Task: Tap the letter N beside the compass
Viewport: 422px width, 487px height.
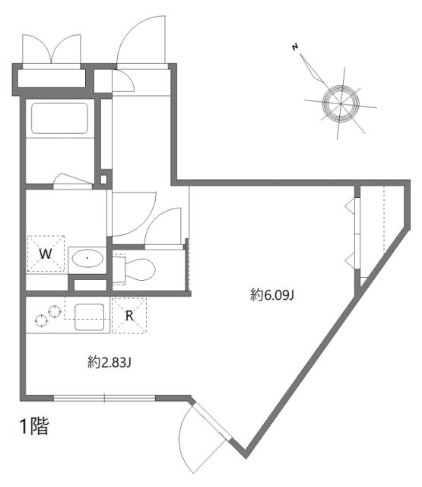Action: [x=294, y=49]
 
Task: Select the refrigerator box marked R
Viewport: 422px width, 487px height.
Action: [x=129, y=314]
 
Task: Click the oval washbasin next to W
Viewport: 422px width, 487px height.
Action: [x=88, y=259]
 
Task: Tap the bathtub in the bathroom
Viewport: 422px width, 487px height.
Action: [x=59, y=119]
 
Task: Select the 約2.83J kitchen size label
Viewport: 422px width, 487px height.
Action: [x=110, y=363]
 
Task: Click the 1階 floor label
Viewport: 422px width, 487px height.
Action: [x=33, y=427]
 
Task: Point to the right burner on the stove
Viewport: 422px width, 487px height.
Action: [x=54, y=310]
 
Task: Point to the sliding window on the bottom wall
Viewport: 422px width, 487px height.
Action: [x=104, y=397]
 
